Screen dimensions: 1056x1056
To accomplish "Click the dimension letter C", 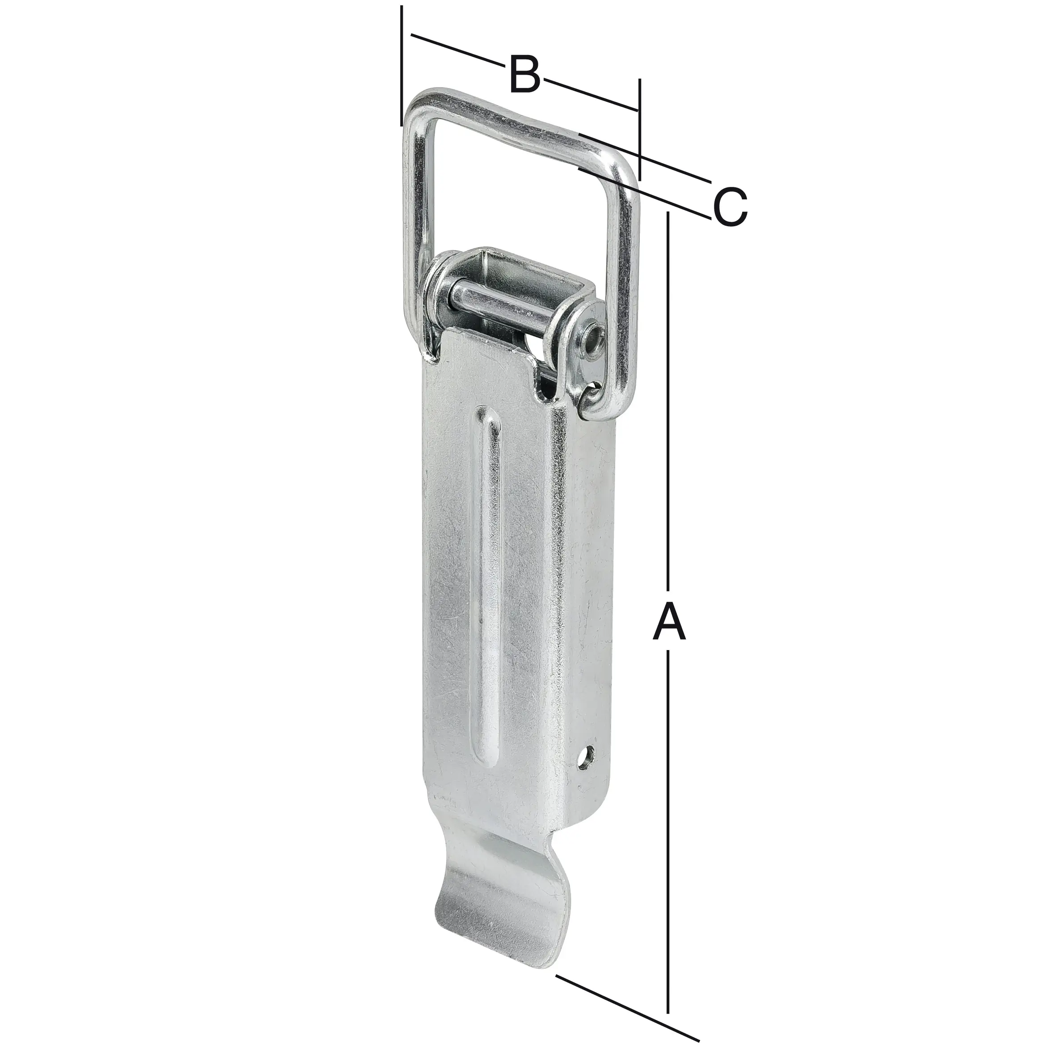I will (x=730, y=207).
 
